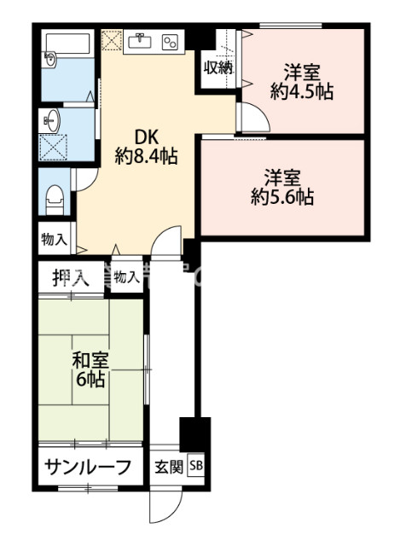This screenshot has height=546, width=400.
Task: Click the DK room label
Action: [x=142, y=137]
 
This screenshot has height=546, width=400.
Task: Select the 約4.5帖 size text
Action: [x=301, y=91]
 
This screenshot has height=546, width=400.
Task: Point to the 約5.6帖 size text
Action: [x=281, y=198]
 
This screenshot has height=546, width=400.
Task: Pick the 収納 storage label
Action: [x=217, y=68]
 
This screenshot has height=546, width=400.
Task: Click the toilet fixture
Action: [x=55, y=197]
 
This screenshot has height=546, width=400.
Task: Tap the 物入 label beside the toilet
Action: [x=54, y=240]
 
